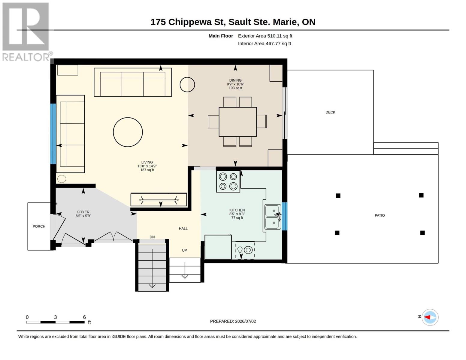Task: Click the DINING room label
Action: pos(235,80)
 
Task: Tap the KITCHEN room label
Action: pos(237,210)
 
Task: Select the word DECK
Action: pos(330,112)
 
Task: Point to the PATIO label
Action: pos(380,215)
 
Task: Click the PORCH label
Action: pos(39,226)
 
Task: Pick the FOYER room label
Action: pos(83,212)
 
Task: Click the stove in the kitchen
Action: pos(228,181)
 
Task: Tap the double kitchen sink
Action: pos(273,217)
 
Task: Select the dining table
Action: pos(238,122)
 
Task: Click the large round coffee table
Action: pos(128,132)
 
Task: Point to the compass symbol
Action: pos(430,317)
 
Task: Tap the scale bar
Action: pos(55,322)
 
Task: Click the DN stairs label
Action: pos(152,237)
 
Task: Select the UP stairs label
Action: pos(184,250)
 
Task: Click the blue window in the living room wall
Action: pos(53,134)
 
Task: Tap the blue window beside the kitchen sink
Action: pos(284,216)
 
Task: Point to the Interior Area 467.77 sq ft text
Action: pos(265,43)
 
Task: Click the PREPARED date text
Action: pos(233,321)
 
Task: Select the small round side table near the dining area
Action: pos(187,85)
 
